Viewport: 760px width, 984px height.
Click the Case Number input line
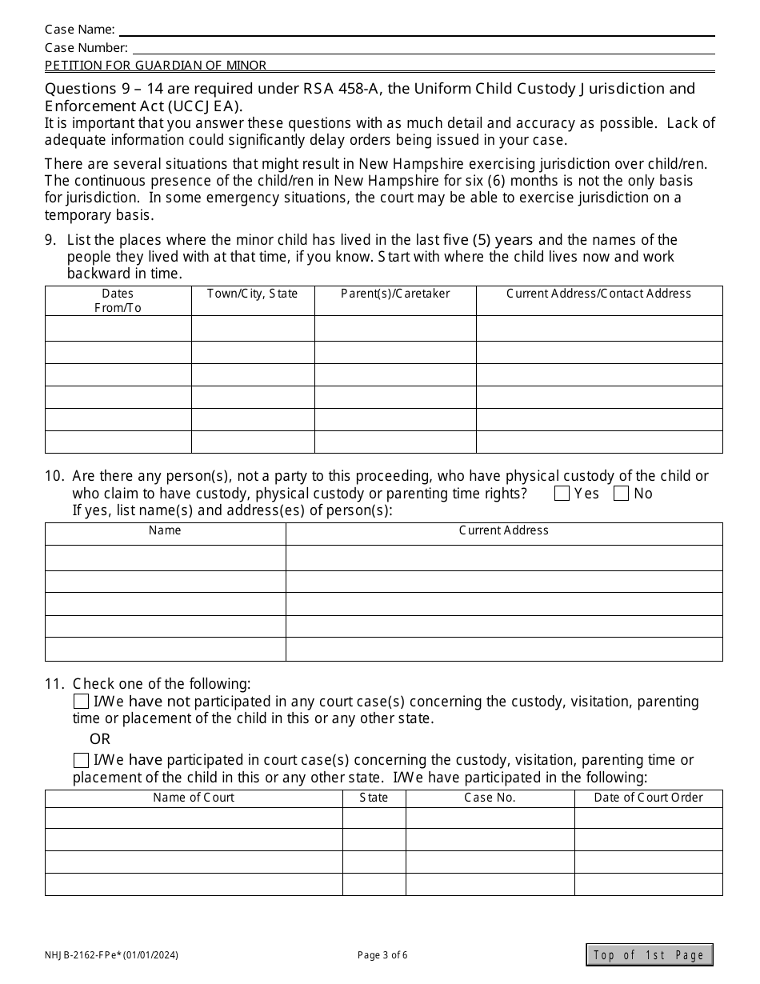point(422,48)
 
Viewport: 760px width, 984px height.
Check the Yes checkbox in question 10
point(562,494)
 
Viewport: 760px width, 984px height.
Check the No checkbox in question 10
point(621,494)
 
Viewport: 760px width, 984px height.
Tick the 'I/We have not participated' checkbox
point(81,702)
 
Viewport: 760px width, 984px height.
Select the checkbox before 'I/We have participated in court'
point(81,760)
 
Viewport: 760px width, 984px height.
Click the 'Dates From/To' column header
point(118,301)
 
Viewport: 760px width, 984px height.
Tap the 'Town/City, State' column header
point(252,294)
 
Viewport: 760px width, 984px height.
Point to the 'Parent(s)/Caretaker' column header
point(395,294)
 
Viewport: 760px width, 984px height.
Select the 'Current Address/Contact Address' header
point(598,294)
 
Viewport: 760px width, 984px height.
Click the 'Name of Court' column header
point(194,798)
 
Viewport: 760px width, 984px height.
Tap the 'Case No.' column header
point(490,798)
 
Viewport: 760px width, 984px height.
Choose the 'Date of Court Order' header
point(648,798)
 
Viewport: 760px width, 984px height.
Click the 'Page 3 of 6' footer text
point(382,954)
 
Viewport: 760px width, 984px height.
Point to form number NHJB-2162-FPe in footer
point(111,954)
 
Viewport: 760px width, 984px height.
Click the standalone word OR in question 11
point(100,739)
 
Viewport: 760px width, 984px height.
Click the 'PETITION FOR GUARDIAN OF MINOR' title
point(155,66)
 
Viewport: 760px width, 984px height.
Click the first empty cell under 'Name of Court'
point(194,818)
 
